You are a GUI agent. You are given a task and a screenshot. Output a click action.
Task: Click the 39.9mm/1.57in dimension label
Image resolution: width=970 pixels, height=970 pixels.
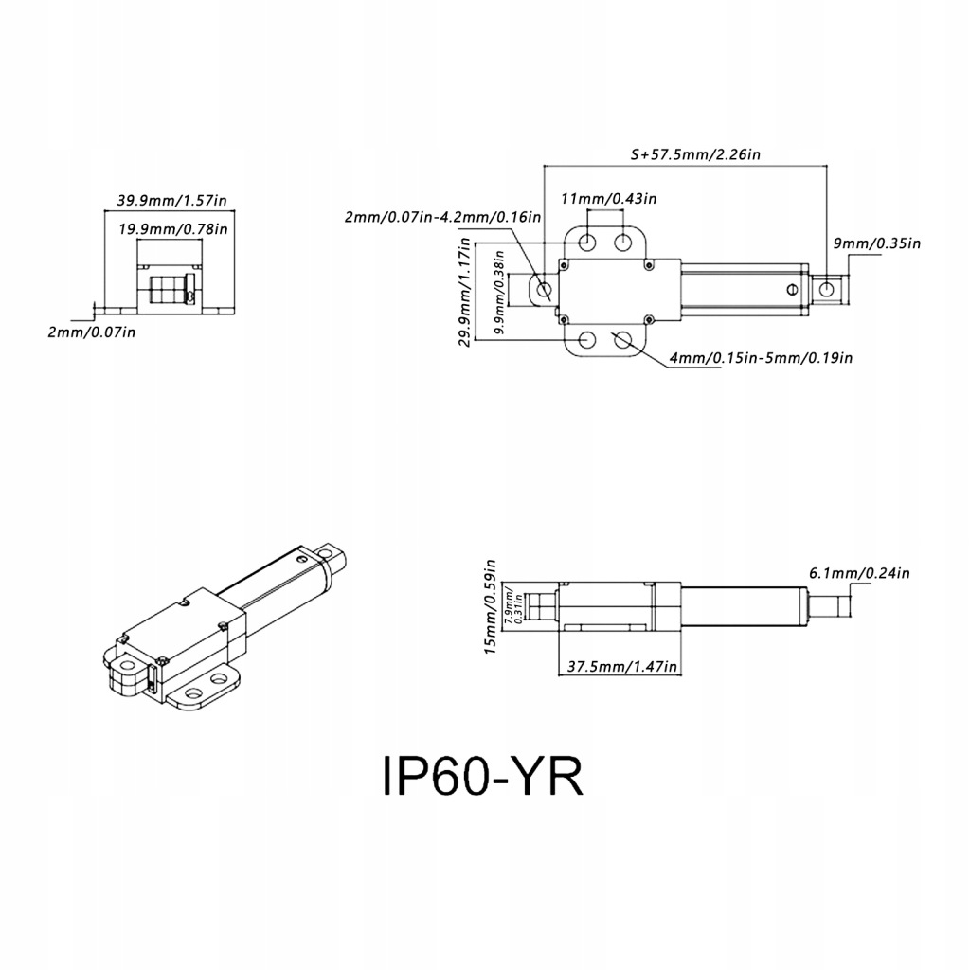pyautogui.click(x=171, y=200)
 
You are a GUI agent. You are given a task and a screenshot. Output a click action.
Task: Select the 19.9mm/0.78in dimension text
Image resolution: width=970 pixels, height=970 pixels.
pyautogui.click(x=171, y=228)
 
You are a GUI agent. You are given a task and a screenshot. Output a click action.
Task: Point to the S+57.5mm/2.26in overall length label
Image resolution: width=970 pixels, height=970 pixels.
pyautogui.click(x=694, y=153)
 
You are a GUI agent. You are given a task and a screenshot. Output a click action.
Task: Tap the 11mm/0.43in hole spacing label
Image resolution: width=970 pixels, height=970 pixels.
pyautogui.click(x=608, y=198)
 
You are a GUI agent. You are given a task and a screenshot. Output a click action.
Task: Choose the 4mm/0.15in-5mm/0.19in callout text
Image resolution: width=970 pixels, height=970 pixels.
pyautogui.click(x=761, y=357)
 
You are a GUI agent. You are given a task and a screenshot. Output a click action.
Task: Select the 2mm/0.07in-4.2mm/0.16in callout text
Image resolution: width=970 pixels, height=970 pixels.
pyautogui.click(x=442, y=217)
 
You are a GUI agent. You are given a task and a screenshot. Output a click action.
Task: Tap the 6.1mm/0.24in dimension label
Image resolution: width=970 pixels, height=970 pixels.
pyautogui.click(x=859, y=572)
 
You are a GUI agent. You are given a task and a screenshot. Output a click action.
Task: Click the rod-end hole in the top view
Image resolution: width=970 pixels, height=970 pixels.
pyautogui.click(x=828, y=288)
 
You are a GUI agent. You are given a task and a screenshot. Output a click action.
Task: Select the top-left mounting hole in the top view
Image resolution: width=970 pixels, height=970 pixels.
pyautogui.click(x=587, y=242)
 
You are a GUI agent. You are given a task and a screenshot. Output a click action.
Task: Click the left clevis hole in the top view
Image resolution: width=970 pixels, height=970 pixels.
pyautogui.click(x=545, y=288)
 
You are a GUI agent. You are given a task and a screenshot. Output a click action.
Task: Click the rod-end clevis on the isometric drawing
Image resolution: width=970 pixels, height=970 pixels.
pyautogui.click(x=334, y=556)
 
